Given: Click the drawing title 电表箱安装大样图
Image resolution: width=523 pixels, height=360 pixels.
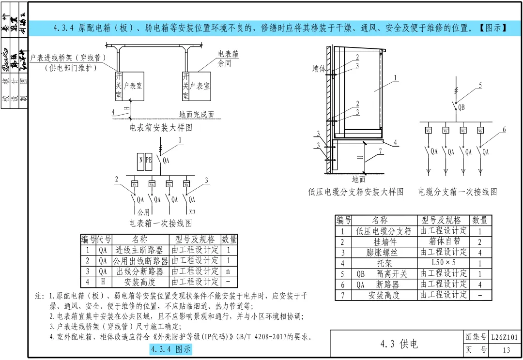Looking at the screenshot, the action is point(161,128).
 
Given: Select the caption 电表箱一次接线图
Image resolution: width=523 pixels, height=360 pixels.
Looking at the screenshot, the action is point(160,223).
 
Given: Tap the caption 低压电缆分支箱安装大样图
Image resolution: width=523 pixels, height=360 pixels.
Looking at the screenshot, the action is point(356,192).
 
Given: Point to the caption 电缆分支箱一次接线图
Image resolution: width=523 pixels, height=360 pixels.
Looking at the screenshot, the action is point(458,192).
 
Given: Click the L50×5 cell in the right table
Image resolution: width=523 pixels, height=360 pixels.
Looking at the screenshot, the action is point(444,263).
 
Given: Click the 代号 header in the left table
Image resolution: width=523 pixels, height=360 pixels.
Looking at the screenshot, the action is point(104,240).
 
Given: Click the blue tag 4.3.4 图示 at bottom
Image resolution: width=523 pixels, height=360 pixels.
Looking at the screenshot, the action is point(171,349).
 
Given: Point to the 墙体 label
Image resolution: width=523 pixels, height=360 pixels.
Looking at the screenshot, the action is point(319,70).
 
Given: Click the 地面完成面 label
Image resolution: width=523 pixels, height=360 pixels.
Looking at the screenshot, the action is point(197,115).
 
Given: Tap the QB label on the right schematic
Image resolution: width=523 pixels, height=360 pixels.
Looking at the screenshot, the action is point(461,107).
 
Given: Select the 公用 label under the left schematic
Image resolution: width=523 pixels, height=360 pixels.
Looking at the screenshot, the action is point(143,212).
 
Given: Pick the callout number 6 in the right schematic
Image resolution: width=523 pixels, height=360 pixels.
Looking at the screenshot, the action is point(504,130).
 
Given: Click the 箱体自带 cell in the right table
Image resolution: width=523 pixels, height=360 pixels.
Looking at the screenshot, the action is point(444,241).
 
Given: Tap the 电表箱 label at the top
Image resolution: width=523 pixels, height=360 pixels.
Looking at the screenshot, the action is point(228,54).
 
